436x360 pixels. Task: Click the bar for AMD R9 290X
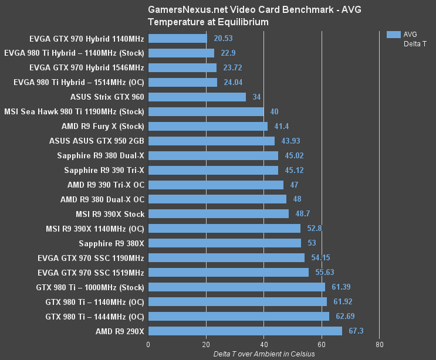coord(245,331)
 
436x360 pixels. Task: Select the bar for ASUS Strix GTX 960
coord(197,97)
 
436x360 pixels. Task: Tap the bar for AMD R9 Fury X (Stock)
coord(208,126)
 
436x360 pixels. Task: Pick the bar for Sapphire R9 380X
coord(225,243)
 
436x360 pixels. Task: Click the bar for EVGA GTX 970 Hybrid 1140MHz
coord(178,38)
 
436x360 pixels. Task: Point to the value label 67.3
coord(356,331)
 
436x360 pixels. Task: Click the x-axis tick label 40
coord(263,345)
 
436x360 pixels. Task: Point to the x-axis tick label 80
coord(379,345)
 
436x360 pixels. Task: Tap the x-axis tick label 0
coord(148,345)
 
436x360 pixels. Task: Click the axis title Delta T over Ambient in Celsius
coord(263,354)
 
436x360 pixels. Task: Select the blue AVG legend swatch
coord(393,35)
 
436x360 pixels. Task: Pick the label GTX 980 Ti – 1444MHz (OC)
coord(94,317)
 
